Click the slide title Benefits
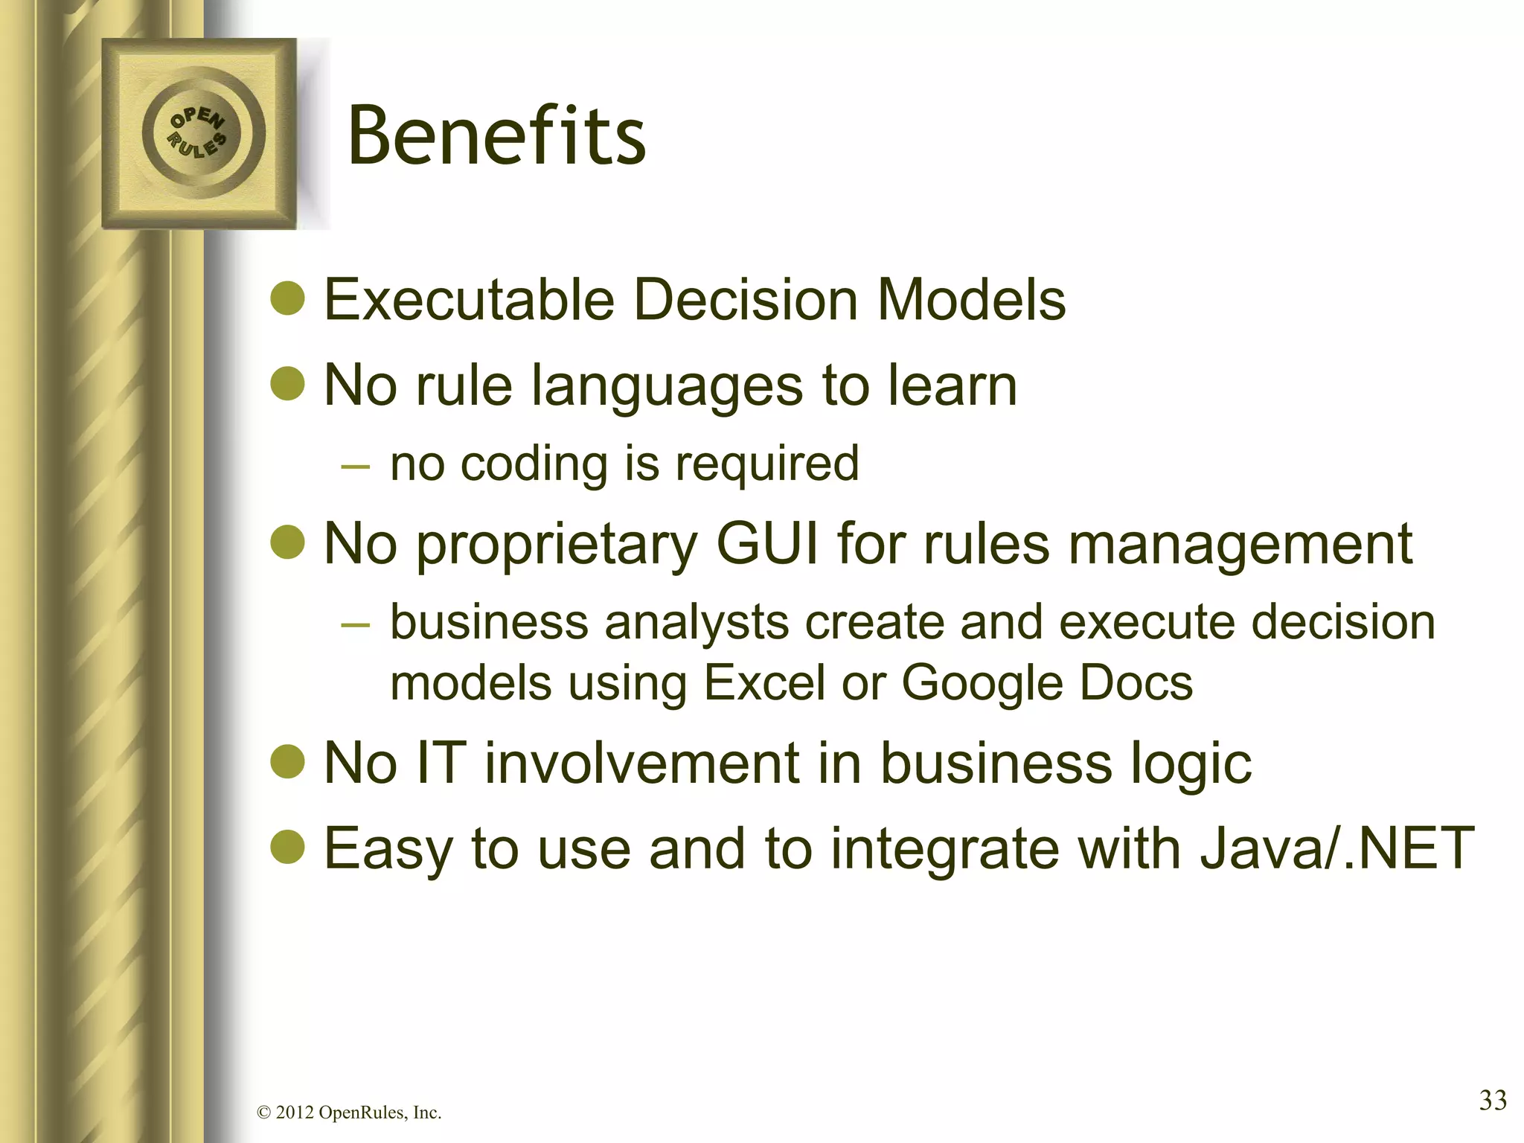coord(496,136)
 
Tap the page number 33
coord(1492,1100)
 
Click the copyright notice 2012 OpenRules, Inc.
coord(348,1113)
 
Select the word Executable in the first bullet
coord(469,300)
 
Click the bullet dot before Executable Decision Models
coord(287,299)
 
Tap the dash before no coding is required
coord(354,466)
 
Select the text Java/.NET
coord(1336,848)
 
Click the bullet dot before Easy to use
coord(287,848)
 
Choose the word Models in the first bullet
coord(972,300)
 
